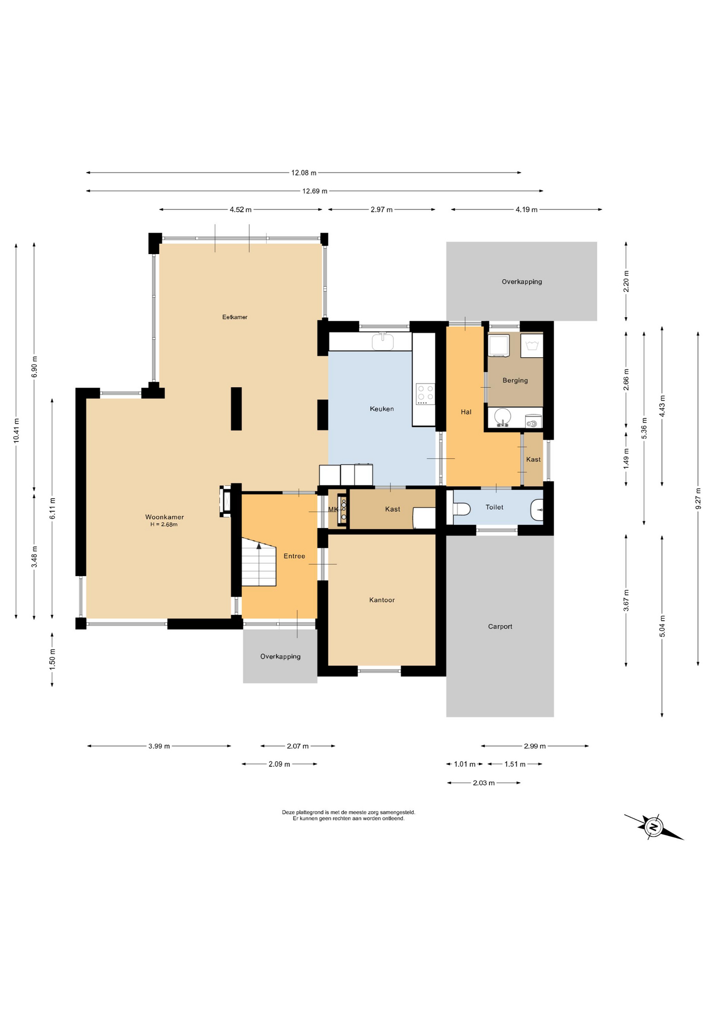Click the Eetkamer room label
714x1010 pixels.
coord(234,317)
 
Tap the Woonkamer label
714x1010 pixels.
coord(165,517)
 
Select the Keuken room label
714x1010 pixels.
coord(382,409)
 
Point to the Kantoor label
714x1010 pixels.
coord(382,600)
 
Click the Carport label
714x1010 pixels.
coord(500,627)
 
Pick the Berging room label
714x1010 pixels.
coord(515,380)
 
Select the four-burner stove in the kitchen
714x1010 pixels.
coord(425,394)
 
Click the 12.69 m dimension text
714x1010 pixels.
coord(315,191)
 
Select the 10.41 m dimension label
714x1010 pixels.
coord(16,430)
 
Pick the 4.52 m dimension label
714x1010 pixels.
coord(240,209)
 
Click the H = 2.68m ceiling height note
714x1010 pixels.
coord(164,524)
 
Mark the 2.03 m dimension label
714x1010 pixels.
coord(484,783)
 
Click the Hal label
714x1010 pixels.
coord(466,412)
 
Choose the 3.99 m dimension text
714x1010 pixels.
coord(159,746)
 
